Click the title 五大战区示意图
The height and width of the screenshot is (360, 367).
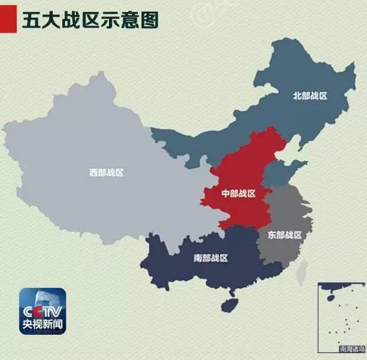90,20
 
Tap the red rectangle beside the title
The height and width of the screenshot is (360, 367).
8,20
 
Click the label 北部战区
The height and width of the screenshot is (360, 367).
310,96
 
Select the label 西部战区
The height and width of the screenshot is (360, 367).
106,172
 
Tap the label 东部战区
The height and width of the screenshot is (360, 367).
284,234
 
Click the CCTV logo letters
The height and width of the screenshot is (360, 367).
42,311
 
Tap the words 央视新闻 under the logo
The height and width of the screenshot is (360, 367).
42,326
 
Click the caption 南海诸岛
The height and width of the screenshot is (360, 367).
352,348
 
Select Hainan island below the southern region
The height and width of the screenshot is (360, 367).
230,304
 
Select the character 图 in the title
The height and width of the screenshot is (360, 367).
150,20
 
